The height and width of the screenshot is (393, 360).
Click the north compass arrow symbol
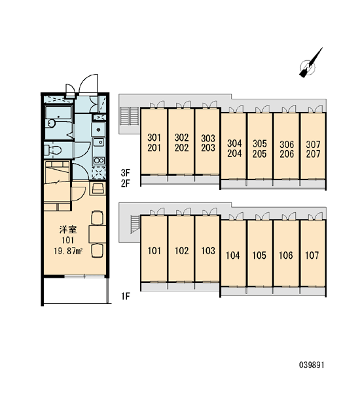310,64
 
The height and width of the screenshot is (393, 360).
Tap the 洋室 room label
68,229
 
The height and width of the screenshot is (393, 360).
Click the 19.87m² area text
68,251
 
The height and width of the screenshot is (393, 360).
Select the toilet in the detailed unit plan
52,150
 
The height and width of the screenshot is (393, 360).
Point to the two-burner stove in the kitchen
99,160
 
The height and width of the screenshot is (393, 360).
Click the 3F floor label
125,172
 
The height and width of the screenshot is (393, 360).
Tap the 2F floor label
125,183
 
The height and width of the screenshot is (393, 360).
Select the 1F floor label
126,297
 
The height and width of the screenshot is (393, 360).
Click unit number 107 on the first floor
312,255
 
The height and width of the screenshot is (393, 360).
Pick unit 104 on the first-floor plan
233,255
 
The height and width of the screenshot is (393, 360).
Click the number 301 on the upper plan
154,138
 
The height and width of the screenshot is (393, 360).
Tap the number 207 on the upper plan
313,154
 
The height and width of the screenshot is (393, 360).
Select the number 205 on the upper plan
260,154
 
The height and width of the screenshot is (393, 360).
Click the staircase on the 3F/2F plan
129,116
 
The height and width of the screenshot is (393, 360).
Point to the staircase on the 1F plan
135,224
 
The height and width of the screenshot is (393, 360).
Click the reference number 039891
312,365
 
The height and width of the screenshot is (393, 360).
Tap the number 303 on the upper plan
208,138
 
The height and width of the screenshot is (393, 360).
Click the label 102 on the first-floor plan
181,251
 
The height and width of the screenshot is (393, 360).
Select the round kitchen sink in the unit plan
98,130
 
